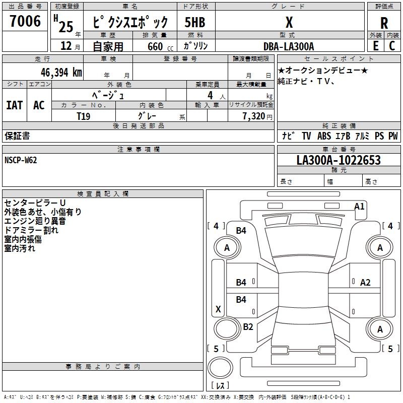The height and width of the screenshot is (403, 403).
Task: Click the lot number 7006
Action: (25, 21)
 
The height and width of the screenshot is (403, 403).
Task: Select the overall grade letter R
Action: (384, 23)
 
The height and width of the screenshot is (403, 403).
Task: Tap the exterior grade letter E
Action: (376, 46)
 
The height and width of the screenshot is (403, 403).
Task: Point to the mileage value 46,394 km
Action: (61, 73)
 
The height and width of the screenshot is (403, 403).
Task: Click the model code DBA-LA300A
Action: (289, 46)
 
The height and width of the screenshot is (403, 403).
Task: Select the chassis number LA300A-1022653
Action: (339, 160)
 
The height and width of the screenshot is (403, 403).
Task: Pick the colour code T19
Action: (84, 116)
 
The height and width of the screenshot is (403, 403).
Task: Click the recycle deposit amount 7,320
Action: (254, 116)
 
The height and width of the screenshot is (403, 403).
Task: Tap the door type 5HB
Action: (195, 22)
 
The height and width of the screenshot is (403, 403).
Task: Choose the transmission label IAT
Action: (15, 105)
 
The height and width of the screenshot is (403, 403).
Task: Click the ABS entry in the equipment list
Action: (324, 136)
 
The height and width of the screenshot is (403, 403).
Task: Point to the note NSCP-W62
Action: (21, 160)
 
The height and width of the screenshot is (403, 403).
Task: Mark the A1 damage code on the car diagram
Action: (359, 207)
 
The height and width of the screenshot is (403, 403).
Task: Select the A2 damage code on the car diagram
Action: (365, 283)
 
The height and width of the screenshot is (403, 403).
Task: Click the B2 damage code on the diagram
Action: (248, 326)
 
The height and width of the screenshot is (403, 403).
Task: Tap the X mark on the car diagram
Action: (218, 309)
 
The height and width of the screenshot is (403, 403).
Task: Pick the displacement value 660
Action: (155, 46)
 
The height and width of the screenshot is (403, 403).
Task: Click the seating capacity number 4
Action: (210, 95)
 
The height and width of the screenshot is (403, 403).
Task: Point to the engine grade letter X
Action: (289, 22)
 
